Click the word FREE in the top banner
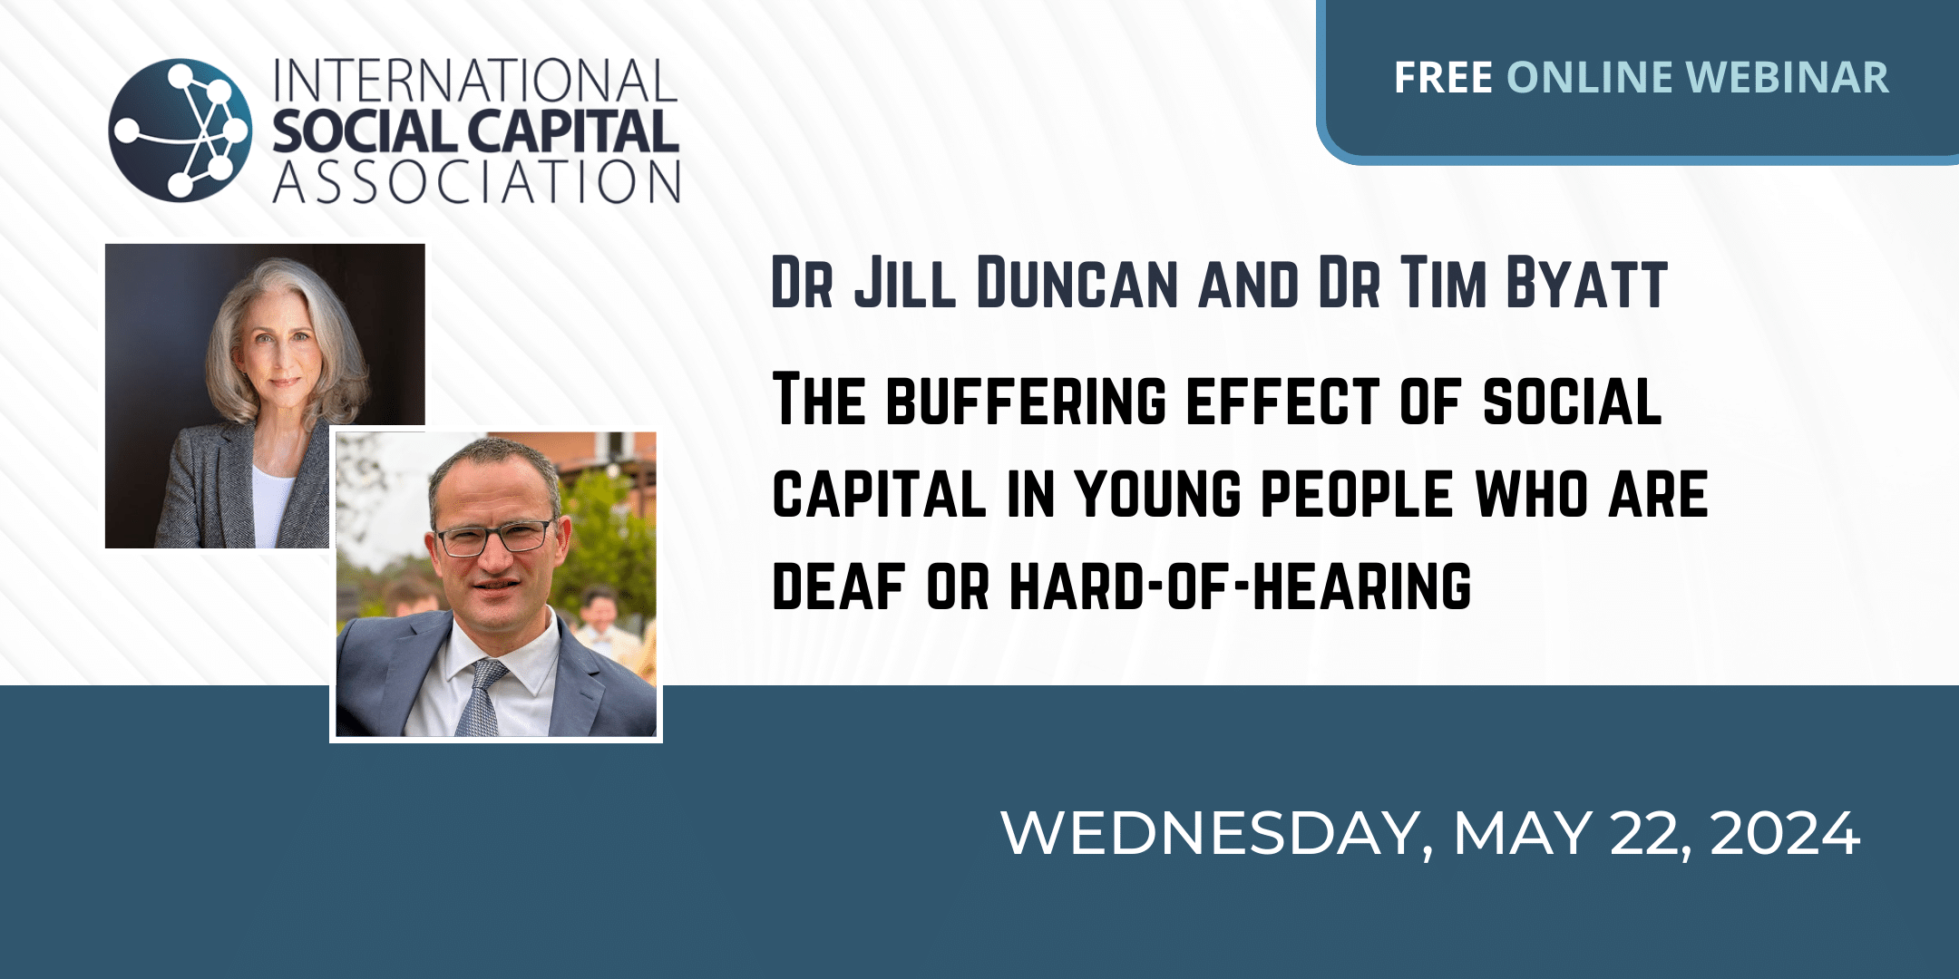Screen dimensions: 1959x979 [x=1443, y=78]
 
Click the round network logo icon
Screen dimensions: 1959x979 [x=180, y=130]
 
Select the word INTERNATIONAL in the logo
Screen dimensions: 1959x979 [x=475, y=82]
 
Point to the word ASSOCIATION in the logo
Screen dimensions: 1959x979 [x=477, y=181]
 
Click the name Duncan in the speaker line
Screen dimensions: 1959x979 [x=1078, y=283]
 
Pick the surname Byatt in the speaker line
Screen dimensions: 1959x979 [x=1586, y=283]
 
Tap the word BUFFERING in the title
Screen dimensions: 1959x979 [x=1026, y=401]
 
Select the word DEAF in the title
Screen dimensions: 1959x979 [x=839, y=586]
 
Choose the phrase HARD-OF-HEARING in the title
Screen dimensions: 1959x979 [x=1241, y=586]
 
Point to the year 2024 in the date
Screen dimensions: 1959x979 [x=1785, y=833]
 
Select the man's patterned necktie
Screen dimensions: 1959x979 [x=480, y=699]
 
